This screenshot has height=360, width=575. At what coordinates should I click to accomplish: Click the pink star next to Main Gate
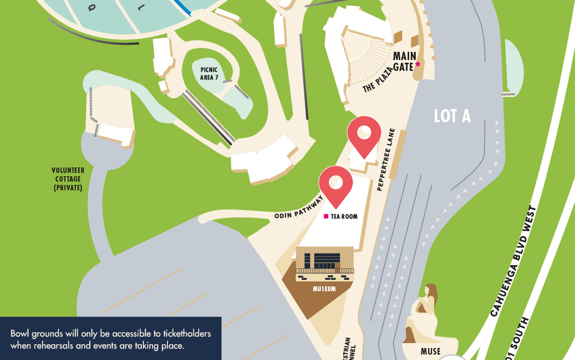pos(418,64)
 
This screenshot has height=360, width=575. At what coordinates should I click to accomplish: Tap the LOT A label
pos(452,116)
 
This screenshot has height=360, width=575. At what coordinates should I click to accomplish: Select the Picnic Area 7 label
pos(209,73)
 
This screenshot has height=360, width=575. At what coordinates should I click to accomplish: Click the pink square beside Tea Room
pos(326,217)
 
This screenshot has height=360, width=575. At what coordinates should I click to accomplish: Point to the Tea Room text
pos(344,217)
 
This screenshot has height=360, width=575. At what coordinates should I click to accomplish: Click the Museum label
pos(324,289)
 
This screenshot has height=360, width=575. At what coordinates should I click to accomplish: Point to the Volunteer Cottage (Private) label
pos(67,179)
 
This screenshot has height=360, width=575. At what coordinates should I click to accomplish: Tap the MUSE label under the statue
pos(430,351)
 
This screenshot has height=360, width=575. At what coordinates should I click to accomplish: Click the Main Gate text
pos(404,62)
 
